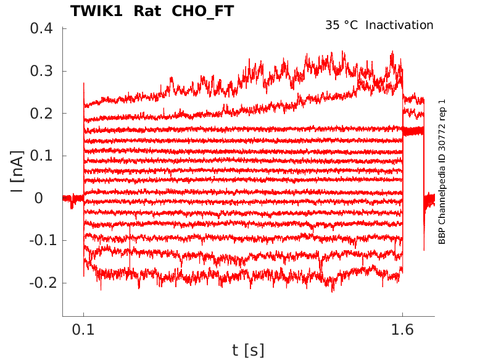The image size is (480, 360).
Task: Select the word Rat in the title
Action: pos(147,11)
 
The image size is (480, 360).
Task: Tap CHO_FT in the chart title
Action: pos(203,11)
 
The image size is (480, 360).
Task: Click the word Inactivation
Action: pos(400,25)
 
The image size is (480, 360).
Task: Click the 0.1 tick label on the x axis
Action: pos(84,330)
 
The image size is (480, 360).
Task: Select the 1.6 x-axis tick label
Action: pos(402,330)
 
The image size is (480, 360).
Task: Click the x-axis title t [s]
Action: pos(248,350)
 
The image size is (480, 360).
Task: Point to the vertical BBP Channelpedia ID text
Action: pos(442,172)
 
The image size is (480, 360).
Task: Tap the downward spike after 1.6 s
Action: pos(424,241)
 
